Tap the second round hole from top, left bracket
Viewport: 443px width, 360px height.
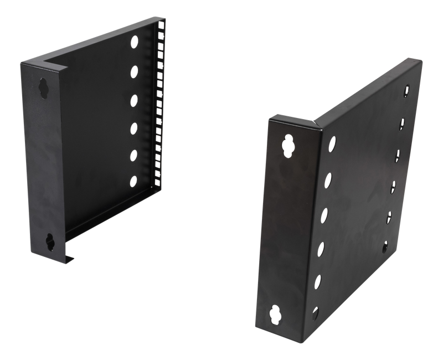135,71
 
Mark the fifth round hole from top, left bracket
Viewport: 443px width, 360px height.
134,156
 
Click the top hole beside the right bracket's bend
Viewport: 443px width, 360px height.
331,143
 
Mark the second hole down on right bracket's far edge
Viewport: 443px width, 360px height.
403,120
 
